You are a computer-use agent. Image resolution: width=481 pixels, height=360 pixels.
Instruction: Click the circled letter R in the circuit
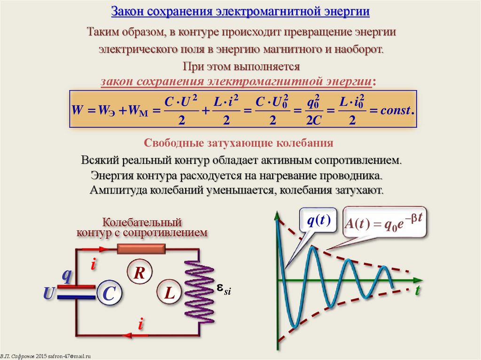click(x=139, y=273)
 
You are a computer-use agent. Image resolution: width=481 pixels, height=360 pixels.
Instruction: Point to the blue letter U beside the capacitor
click(x=48, y=294)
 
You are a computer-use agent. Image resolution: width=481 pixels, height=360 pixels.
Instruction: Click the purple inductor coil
click(x=200, y=291)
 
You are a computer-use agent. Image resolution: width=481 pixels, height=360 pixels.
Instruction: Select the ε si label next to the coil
click(x=224, y=289)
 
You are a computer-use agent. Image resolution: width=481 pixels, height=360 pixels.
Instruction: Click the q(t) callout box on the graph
click(x=318, y=221)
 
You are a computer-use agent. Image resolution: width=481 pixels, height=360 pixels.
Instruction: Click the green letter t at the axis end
click(x=417, y=291)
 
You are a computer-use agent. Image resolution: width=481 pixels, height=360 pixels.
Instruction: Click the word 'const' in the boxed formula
click(x=396, y=111)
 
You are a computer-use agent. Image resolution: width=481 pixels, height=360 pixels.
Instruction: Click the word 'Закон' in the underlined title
click(x=126, y=11)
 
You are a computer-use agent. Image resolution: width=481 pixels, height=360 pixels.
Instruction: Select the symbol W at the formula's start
click(x=77, y=111)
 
